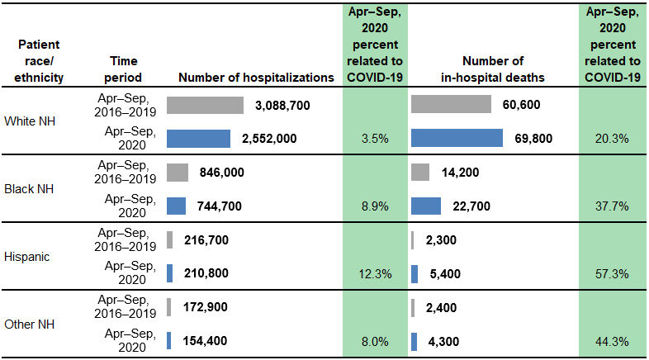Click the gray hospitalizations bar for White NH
point(205,105)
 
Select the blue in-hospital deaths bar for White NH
point(457,138)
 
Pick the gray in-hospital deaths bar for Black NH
point(419,173)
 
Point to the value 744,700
point(220,206)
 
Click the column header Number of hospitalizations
point(256,77)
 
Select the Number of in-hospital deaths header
point(492,69)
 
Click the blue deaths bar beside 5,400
point(415,273)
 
